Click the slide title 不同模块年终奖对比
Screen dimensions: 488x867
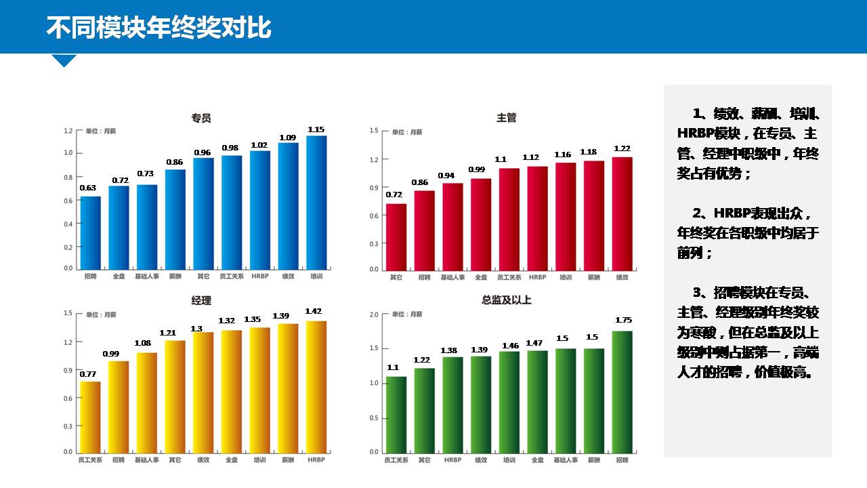point(158,28)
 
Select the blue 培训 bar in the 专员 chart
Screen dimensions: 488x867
point(316,202)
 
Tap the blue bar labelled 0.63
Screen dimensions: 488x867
point(90,232)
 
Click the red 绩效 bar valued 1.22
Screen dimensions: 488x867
point(622,213)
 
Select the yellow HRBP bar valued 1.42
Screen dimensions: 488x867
point(316,386)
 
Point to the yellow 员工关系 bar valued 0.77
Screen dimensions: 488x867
point(90,416)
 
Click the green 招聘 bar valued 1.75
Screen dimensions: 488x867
point(622,391)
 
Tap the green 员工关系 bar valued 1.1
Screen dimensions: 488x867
point(396,414)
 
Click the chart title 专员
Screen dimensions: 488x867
point(201,118)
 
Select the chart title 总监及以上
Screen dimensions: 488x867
point(507,300)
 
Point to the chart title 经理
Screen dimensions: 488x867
point(201,300)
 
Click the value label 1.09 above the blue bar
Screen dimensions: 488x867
point(288,138)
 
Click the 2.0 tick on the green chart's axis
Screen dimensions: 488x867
point(374,314)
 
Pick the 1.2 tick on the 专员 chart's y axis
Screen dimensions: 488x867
point(68,130)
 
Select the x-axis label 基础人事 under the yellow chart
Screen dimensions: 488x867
point(146,460)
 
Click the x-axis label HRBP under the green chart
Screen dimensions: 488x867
point(452,460)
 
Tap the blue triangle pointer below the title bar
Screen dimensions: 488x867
point(64,60)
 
